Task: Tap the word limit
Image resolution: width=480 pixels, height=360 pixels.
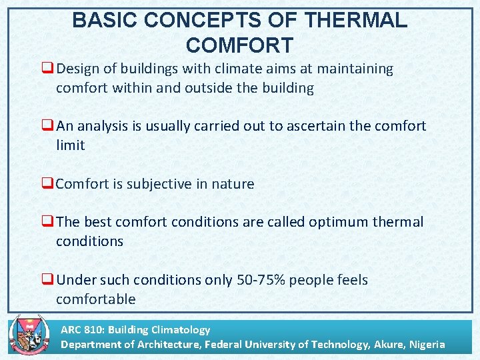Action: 70,145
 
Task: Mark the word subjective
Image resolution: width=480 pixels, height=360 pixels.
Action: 167,184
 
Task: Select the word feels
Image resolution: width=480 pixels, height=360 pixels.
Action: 349,280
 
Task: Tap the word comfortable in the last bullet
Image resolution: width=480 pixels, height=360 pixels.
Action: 95,299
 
